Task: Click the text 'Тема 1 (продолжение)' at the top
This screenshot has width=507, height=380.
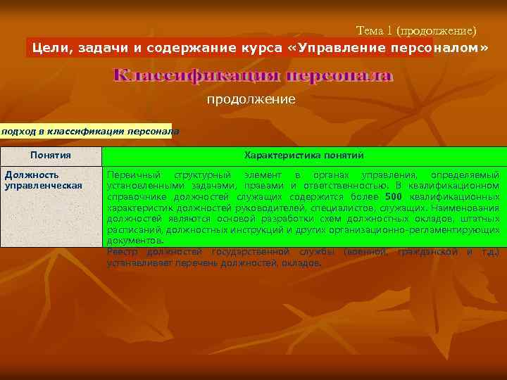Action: [416, 31]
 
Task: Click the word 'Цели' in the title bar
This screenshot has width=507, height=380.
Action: [50, 48]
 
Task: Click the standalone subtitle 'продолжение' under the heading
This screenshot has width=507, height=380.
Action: [251, 100]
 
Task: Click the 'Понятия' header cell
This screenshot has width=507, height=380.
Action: [51, 155]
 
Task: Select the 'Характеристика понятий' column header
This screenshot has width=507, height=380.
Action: [303, 155]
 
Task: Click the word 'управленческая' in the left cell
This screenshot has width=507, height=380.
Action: [43, 185]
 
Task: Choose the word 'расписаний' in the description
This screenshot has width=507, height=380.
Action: [130, 230]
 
